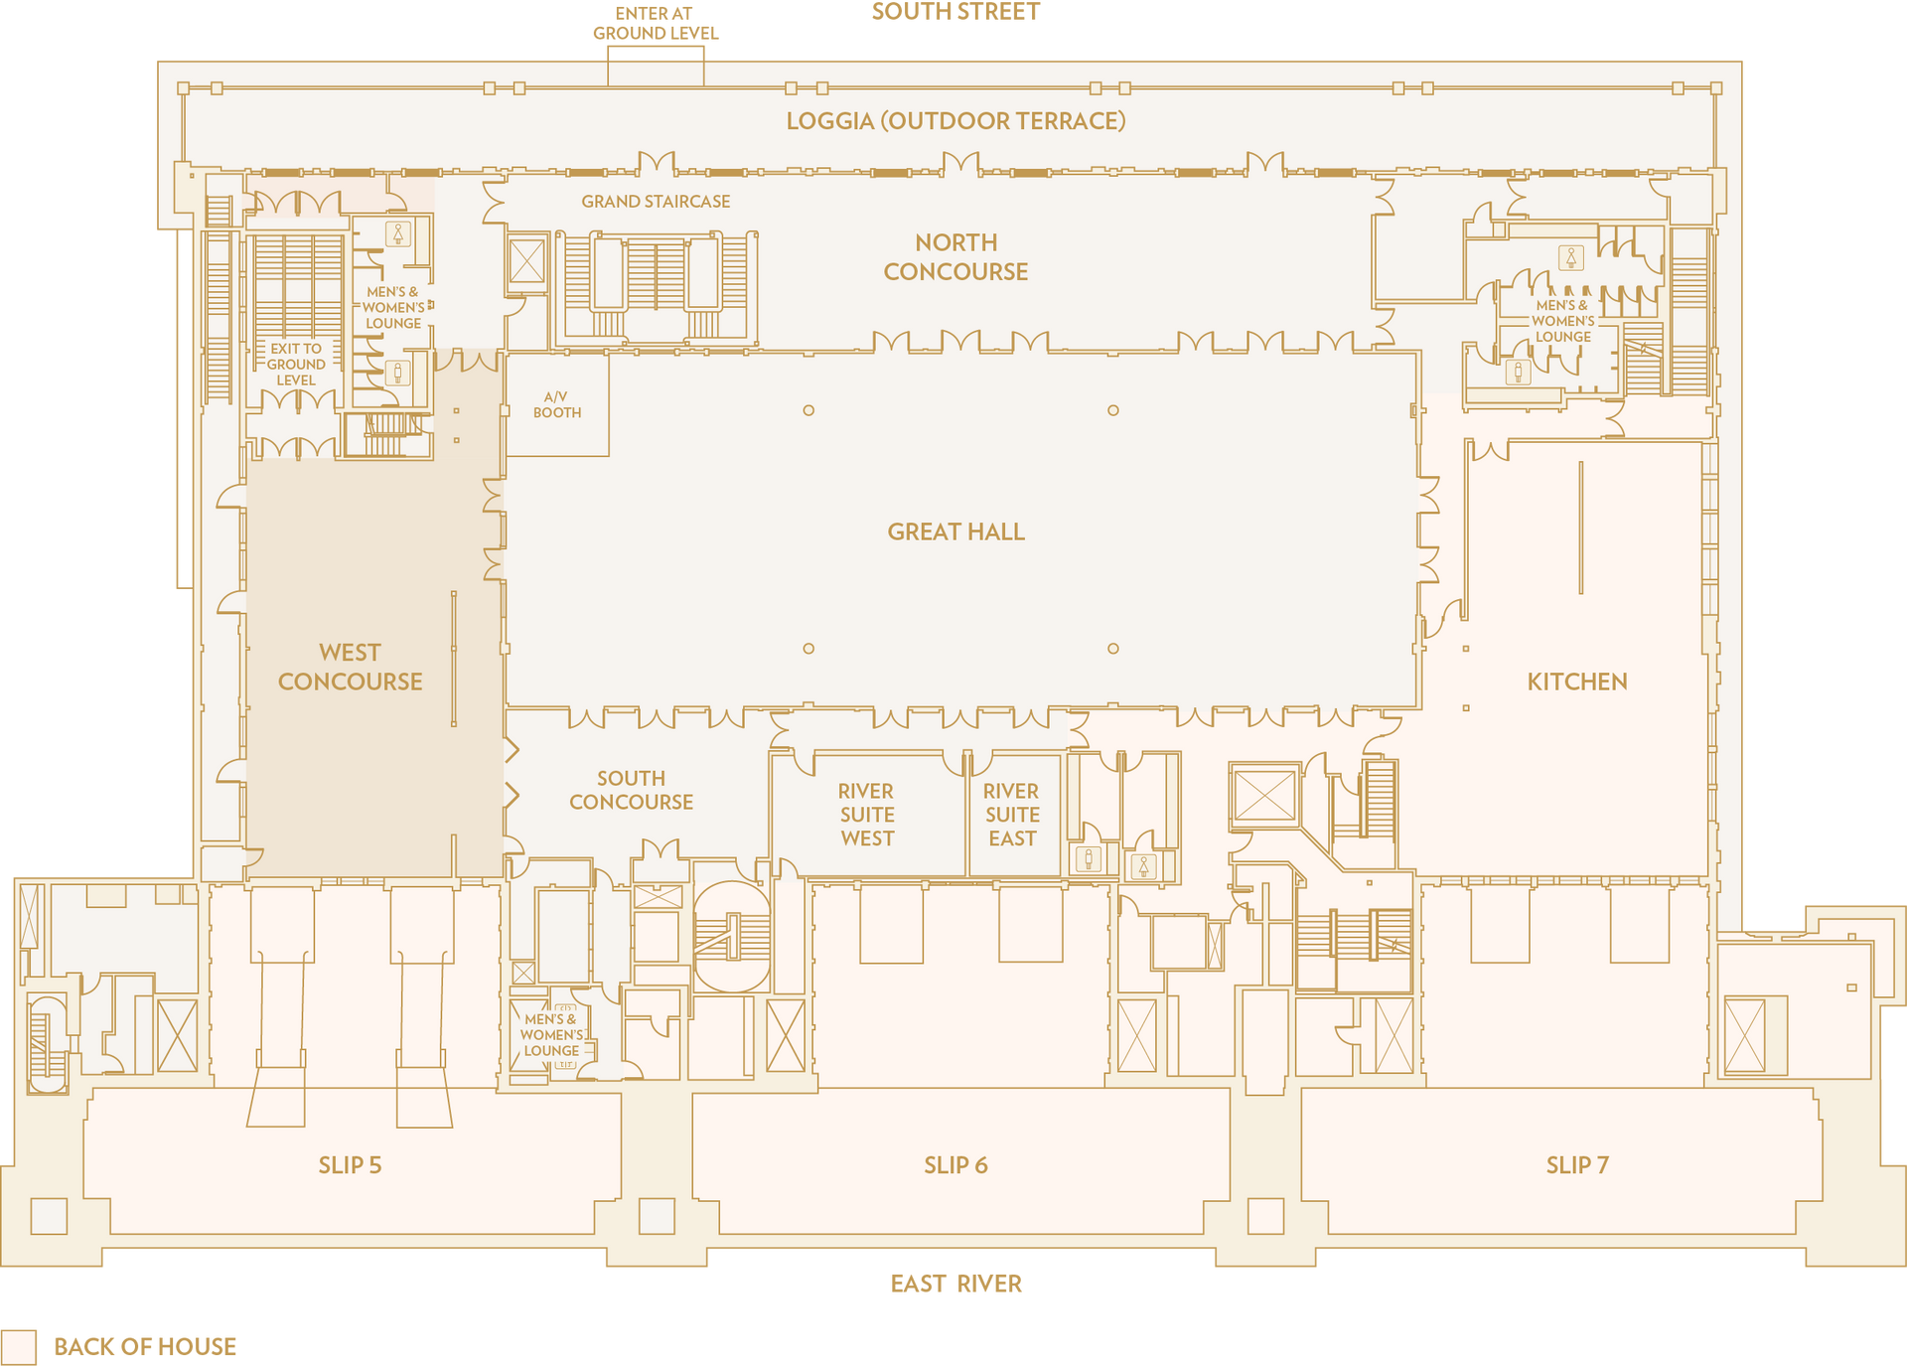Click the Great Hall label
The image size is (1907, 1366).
coord(955,531)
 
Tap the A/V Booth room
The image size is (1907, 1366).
coord(557,405)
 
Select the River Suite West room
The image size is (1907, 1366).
coord(868,815)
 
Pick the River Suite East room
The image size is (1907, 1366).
coord(1013,815)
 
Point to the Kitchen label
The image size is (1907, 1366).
coord(1577,682)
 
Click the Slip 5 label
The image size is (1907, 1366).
coord(350,1165)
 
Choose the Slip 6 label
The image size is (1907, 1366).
coord(955,1165)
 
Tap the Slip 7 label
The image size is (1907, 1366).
coord(1577,1165)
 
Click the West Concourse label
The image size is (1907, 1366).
coord(350,667)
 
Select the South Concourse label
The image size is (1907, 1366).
coord(631,790)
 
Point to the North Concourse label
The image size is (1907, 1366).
coord(955,256)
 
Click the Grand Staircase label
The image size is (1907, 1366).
coord(656,202)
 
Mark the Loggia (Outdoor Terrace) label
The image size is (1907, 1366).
coord(955,121)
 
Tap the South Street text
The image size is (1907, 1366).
coord(955,12)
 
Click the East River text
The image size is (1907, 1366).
coord(955,1284)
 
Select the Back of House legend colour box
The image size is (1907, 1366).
coord(19,1347)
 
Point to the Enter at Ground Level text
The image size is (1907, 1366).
coord(656,23)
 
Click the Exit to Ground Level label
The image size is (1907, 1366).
coord(296,365)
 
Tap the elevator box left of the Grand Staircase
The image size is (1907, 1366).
coord(526,261)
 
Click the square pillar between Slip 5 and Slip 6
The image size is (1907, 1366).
coord(657,1216)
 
